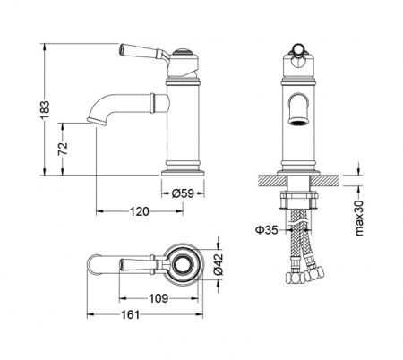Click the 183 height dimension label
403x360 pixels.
pyautogui.click(x=45, y=109)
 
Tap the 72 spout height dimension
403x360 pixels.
pyautogui.click(x=63, y=149)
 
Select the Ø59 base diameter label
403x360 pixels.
pyautogui.click(x=183, y=193)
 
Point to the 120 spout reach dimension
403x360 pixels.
pyautogui.click(x=139, y=211)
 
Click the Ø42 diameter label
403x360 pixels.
pyautogui.click(x=219, y=264)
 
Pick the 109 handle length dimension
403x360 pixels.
pyautogui.click(x=159, y=298)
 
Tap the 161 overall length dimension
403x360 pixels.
pyautogui.click(x=131, y=314)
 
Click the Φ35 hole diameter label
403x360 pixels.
pyautogui.click(x=267, y=230)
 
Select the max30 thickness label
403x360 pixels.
pyautogui.click(x=359, y=219)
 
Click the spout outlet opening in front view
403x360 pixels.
pyautogui.click(x=298, y=122)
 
